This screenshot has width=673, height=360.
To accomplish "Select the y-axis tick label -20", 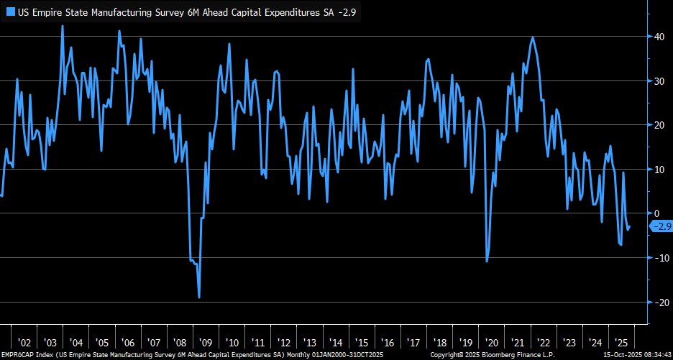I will click(658, 303).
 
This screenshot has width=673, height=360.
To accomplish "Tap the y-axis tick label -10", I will click(658, 258).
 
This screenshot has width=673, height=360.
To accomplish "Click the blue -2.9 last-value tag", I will click(661, 227).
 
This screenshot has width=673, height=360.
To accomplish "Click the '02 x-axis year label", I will click(24, 343).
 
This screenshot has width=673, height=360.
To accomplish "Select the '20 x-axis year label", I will click(492, 343).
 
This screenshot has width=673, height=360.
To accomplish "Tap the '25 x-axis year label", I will click(620, 343).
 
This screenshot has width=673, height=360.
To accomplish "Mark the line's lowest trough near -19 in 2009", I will click(199, 297).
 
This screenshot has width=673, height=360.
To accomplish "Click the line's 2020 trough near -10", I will click(487, 261).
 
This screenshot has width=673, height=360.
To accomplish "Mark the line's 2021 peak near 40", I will click(532, 37).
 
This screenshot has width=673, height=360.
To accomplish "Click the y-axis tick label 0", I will click(654, 213).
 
